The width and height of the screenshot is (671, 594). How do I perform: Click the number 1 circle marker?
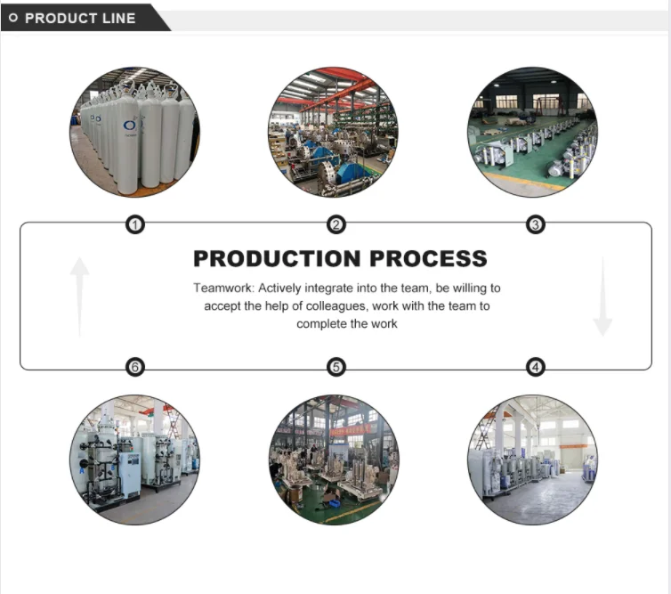pyautogui.click(x=135, y=225)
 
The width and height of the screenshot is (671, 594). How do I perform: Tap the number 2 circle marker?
pyautogui.click(x=335, y=225)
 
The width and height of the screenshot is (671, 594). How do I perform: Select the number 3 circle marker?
pyautogui.click(x=535, y=225)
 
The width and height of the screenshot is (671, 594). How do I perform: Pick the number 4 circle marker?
pyautogui.click(x=535, y=366)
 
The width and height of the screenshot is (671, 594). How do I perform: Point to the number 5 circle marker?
pyautogui.click(x=335, y=366)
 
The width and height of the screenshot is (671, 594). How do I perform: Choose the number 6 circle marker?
pyautogui.click(x=135, y=366)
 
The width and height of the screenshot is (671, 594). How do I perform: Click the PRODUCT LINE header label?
pyautogui.click(x=80, y=18)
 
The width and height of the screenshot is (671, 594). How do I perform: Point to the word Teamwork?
pyautogui.click(x=222, y=289)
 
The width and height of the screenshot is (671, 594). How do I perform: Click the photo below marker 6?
pyautogui.click(x=135, y=460)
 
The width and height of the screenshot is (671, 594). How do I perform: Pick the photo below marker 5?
pyautogui.click(x=334, y=460)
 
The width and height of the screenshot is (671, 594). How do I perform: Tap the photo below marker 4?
pyautogui.click(x=533, y=460)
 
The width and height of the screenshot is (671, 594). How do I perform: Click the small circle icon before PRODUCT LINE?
pyautogui.click(x=13, y=18)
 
